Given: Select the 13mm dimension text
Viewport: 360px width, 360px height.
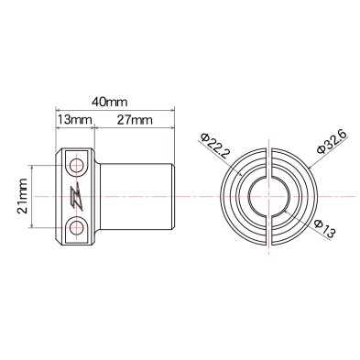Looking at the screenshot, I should [73, 120].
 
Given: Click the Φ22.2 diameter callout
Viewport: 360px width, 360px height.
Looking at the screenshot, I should [210, 144].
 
